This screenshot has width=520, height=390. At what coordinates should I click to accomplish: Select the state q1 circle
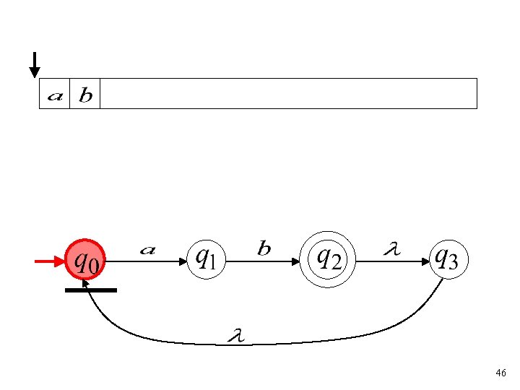pyautogui.click(x=207, y=259)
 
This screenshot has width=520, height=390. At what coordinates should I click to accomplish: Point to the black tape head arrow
pyautogui.click(x=34, y=65)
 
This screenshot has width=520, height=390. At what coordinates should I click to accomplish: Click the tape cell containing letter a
pyautogui.click(x=54, y=94)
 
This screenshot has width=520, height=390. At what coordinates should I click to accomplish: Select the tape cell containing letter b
pyautogui.click(x=84, y=94)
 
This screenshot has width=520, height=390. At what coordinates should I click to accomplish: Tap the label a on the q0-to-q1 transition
pyautogui.click(x=147, y=250)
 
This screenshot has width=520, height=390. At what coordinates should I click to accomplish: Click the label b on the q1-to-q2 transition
pyautogui.click(x=264, y=249)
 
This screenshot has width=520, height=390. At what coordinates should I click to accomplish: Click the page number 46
pyautogui.click(x=500, y=373)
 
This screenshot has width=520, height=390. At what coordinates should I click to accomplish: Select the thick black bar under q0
pyautogui.click(x=90, y=290)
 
